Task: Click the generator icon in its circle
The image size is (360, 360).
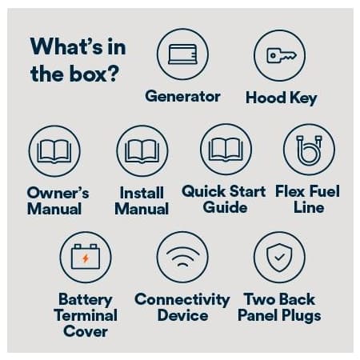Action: pos(182,54)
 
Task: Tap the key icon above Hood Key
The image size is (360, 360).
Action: pos(282,55)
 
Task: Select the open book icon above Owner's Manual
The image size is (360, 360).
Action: pos(54,151)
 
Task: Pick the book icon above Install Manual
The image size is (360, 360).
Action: pos(142,151)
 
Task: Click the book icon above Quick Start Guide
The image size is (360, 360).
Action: pos(226,150)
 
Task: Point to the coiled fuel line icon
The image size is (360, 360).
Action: pos(309,150)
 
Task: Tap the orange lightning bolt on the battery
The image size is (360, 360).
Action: pos(86,258)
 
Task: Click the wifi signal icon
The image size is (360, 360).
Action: pos(182,256)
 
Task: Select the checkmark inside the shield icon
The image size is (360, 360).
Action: pos(279,258)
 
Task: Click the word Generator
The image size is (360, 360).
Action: pos(182,96)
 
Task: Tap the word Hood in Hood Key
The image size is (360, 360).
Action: pos(266,98)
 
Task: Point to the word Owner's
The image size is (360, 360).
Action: pos(58,193)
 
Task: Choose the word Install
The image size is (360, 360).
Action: pos(142,193)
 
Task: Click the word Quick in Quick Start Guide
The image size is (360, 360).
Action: pos(203,191)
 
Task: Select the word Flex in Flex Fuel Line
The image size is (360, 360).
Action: pos(290,191)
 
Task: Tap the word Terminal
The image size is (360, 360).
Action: pos(86,315)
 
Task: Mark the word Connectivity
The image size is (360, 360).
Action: pos(182,299)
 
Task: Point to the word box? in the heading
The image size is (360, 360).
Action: pos(94,74)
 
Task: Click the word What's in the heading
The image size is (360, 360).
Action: pos(67,46)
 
